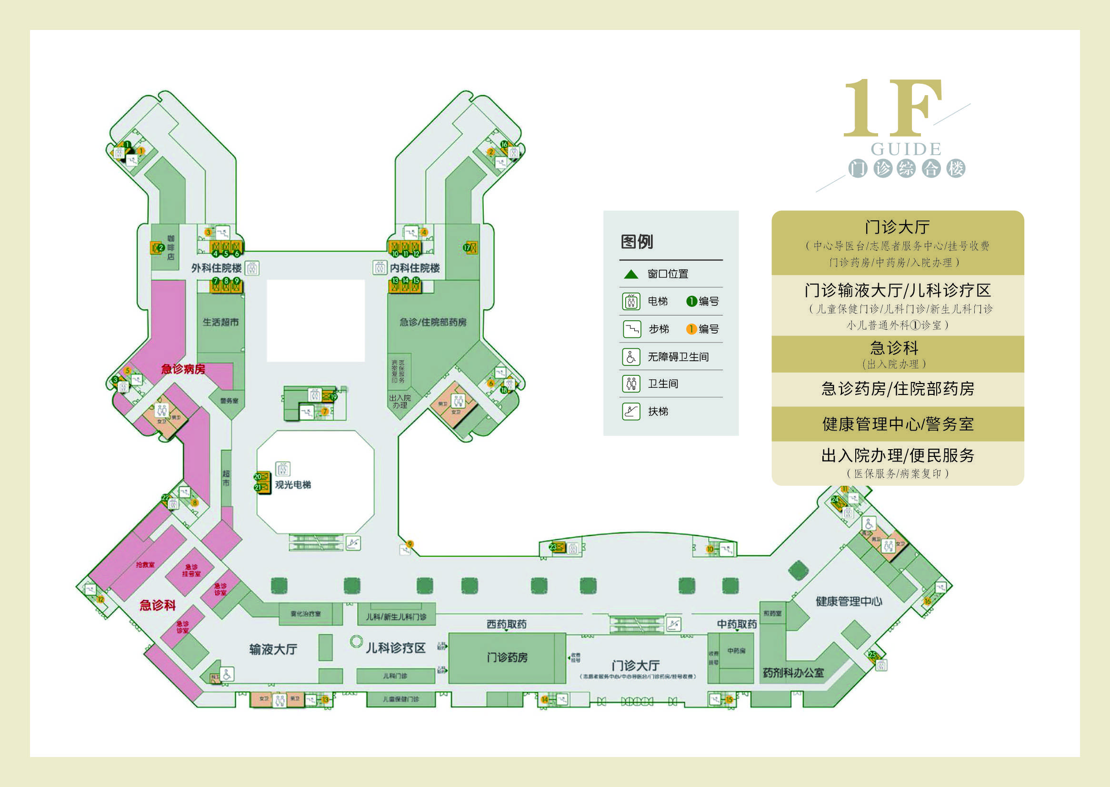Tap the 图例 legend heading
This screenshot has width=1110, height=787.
(637, 241)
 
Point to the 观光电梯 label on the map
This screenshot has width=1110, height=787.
(293, 484)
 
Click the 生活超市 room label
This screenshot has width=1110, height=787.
(220, 322)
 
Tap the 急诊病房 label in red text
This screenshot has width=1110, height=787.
(183, 369)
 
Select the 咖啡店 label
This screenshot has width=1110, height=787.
(170, 247)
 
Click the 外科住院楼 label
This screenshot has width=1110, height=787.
(216, 268)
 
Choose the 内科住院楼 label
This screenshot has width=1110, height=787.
(415, 268)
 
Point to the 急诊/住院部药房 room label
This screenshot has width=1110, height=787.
(433, 322)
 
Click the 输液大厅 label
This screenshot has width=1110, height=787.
(273, 649)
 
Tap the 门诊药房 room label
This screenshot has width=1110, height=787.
(507, 658)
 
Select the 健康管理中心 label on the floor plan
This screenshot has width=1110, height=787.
(849, 601)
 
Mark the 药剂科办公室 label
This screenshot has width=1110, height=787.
(793, 673)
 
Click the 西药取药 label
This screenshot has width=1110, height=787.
(506, 624)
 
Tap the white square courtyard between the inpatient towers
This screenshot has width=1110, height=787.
(316, 320)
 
